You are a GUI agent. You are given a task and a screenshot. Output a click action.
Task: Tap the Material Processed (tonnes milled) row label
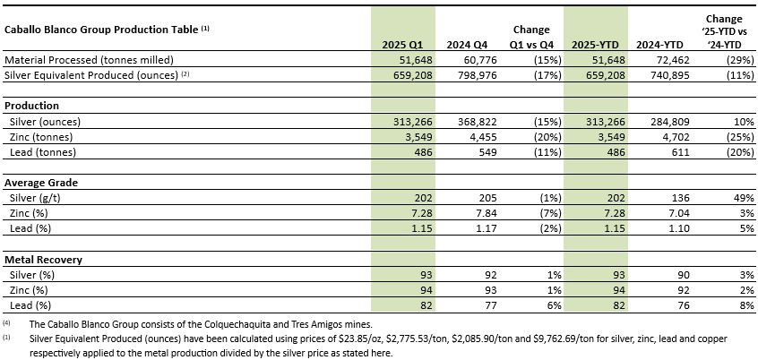tap(89, 60)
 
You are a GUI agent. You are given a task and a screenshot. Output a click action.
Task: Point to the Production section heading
tap(31, 106)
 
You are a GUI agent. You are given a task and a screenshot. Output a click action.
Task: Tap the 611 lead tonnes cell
tap(683, 151)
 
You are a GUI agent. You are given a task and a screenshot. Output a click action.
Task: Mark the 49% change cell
tap(745, 198)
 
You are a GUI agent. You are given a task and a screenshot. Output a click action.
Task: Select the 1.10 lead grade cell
tap(680, 228)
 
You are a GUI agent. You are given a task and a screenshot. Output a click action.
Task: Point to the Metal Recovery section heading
tap(43, 260)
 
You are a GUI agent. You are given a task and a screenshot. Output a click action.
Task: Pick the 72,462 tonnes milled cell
tap(675, 60)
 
